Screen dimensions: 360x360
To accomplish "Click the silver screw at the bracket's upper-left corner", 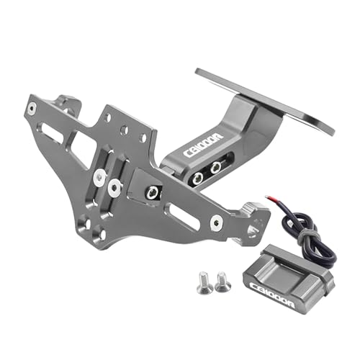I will tap(32, 109).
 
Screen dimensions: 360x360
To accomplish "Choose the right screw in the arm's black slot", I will tap(215, 167).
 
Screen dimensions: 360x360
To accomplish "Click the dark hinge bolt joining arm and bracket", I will tap(152, 192).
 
